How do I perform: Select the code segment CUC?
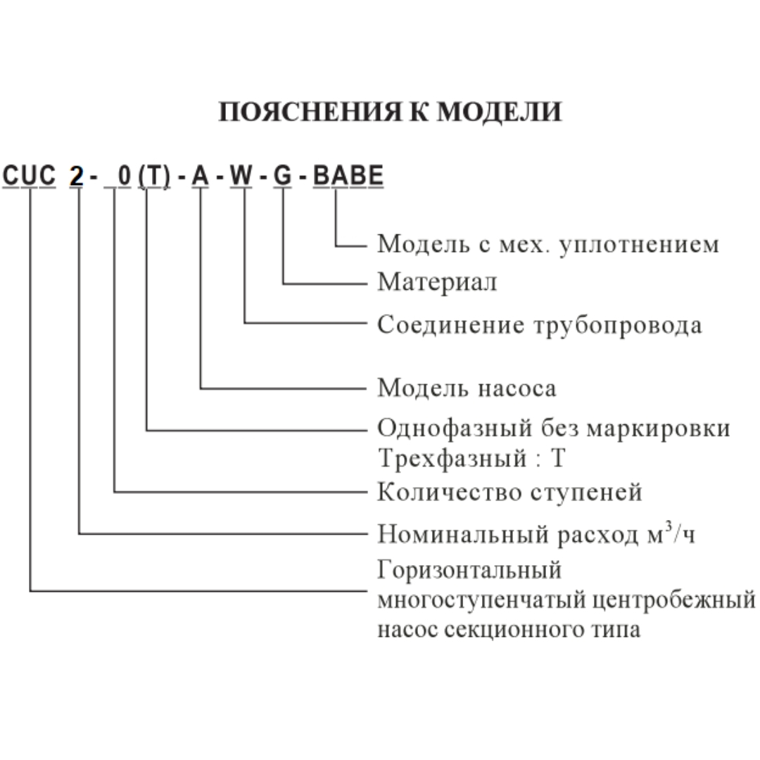29,177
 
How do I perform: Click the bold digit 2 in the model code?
76,177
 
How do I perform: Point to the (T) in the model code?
154,177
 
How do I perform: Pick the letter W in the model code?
241,177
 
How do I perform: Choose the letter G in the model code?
282,177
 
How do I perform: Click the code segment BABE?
348,177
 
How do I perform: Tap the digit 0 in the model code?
124,177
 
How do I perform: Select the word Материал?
437,282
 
